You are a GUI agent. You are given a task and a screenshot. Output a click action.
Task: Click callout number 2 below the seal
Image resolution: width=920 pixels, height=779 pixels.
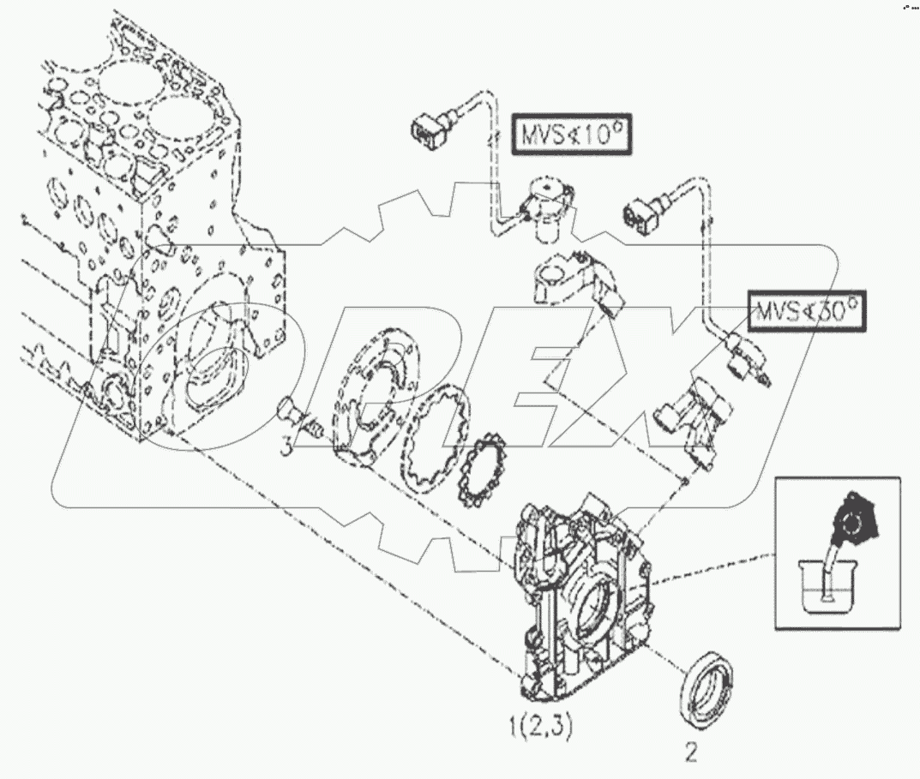[691, 752]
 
